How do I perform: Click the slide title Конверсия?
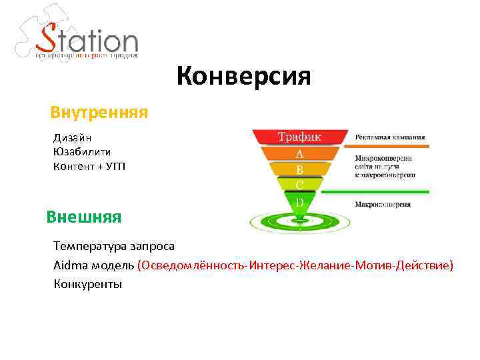(244, 76)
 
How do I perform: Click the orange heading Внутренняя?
(99, 111)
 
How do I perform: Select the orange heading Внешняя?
(84, 217)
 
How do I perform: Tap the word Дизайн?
(73, 138)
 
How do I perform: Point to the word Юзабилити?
(82, 151)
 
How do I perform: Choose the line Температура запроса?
(114, 246)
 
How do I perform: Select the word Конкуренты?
(87, 284)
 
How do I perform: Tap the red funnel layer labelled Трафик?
(299, 137)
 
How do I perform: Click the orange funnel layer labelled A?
(299, 154)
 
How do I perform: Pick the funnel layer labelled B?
(299, 169)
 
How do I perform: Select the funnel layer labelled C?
(299, 184)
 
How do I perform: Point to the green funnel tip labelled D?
(299, 201)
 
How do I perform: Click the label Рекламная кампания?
(390, 138)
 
